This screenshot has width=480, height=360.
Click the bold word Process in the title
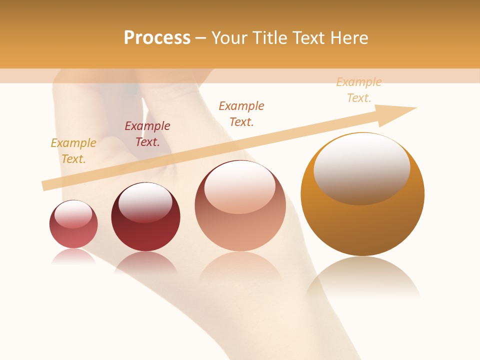pyautogui.click(x=157, y=38)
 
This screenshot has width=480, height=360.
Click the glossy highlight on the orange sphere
pyautogui.click(x=362, y=169)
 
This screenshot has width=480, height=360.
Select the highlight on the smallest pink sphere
pyautogui.click(x=73, y=214)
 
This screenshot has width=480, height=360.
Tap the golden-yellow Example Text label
pyautogui.click(x=73, y=150)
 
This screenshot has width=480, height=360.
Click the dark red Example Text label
pyautogui.click(x=147, y=133)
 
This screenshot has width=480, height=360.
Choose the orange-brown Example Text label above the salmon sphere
pyautogui.click(x=241, y=113)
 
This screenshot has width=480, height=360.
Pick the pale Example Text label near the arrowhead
pyautogui.click(x=359, y=89)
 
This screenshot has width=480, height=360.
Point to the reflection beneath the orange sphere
pyautogui.click(x=362, y=277)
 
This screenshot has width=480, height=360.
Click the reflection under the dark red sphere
pyautogui.click(x=145, y=262)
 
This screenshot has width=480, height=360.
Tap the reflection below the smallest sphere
pyautogui.click(x=73, y=256)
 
